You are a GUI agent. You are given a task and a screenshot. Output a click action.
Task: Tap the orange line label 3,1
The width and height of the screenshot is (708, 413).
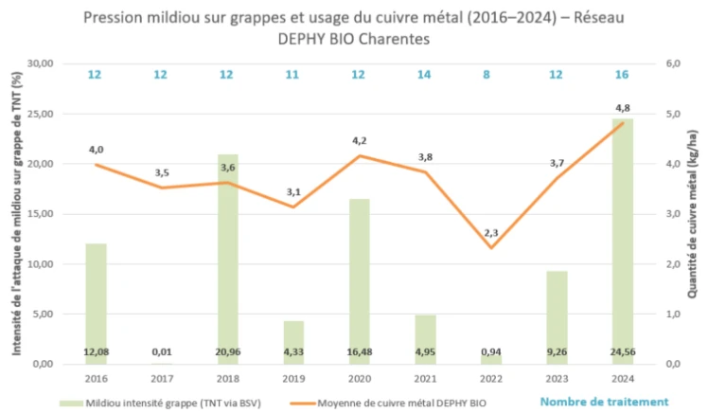(293, 193)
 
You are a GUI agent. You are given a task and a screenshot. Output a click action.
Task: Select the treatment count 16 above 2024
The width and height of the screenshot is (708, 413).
(621, 75)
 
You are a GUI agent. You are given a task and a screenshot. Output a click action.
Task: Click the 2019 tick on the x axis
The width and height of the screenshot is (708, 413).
(293, 376)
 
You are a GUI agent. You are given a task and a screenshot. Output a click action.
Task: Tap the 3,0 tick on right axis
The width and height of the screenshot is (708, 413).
(675, 214)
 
